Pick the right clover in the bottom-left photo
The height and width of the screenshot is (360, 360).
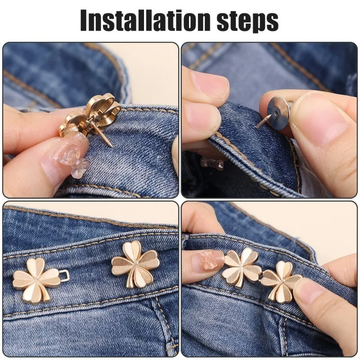[x=135, y=264]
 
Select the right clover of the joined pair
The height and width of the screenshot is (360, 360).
[x=281, y=281]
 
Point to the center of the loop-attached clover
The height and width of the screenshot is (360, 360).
[x=36, y=279]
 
